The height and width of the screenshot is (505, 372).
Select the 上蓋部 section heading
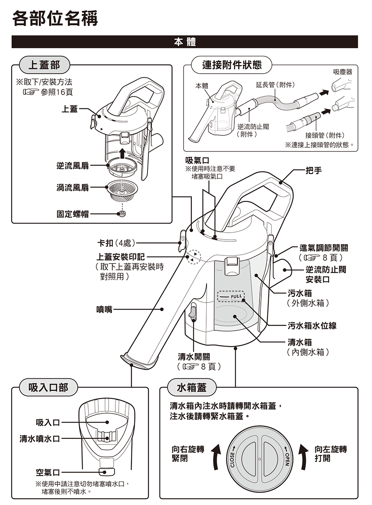point(43,65)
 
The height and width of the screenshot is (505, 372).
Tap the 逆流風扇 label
point(72,166)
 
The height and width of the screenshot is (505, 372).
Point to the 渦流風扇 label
point(72,188)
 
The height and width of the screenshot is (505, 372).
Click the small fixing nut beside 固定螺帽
point(122,214)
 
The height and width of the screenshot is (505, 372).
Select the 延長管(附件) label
point(274,85)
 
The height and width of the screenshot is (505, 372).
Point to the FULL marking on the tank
point(236,297)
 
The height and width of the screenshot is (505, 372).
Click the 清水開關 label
point(194,356)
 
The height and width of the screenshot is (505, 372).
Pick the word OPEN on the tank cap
point(286,456)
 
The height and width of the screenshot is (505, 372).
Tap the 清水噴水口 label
point(40,438)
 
